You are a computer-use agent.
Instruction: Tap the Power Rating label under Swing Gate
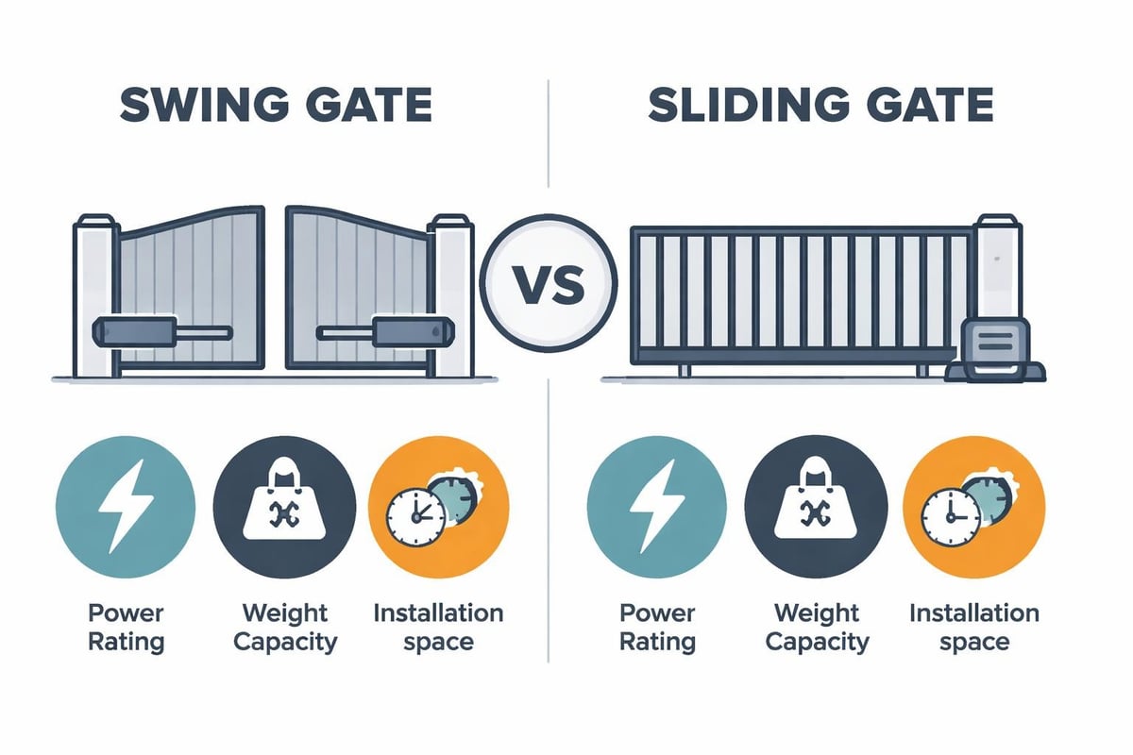click(127, 628)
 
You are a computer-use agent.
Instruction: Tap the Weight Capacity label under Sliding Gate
click(816, 628)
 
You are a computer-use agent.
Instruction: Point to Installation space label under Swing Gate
click(438, 628)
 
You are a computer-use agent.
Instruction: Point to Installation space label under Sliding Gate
click(973, 628)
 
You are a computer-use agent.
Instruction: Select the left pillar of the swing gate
click(94, 293)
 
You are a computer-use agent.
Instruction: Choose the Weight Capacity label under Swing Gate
click(284, 628)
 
